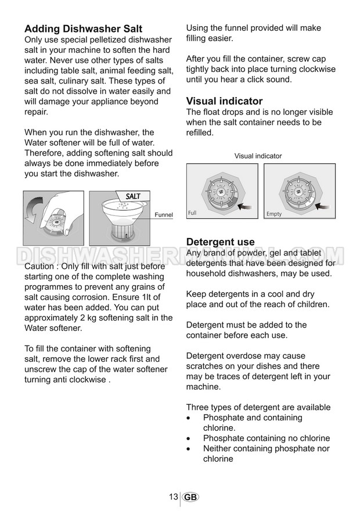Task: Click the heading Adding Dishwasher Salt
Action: (x=83, y=29)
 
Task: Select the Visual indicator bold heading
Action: (x=224, y=101)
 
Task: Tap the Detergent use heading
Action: (x=220, y=242)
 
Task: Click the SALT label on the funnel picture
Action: (x=134, y=196)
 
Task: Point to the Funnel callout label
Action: (x=164, y=215)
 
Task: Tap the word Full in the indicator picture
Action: (x=192, y=213)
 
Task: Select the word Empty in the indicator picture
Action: (x=273, y=214)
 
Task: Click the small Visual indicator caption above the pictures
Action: (x=258, y=156)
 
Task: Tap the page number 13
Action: (x=173, y=497)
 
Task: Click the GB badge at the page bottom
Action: (x=190, y=498)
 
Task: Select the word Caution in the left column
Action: (x=41, y=266)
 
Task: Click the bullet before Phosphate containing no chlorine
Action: (x=189, y=439)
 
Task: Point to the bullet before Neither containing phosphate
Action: (x=189, y=449)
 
